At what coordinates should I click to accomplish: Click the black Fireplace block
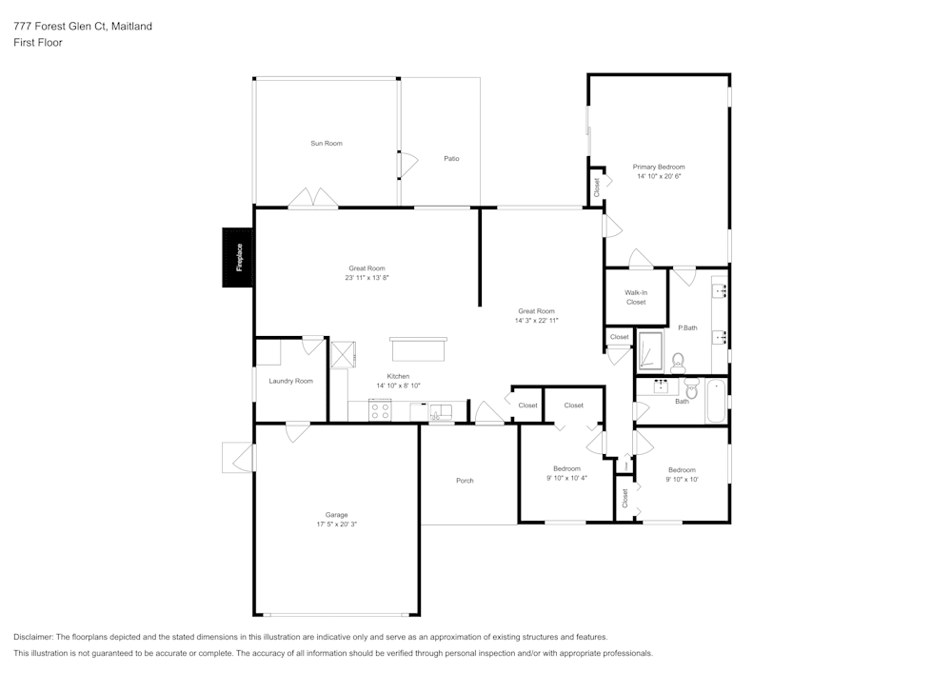click(237, 257)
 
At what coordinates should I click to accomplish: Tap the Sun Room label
click(326, 144)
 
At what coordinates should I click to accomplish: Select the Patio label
click(451, 159)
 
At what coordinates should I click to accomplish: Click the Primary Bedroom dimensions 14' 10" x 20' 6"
click(659, 176)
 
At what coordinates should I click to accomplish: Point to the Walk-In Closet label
click(636, 297)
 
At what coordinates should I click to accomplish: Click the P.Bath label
click(687, 328)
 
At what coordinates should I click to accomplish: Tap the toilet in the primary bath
click(678, 362)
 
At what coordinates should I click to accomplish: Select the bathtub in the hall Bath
click(714, 401)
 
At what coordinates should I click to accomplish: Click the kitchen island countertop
click(418, 349)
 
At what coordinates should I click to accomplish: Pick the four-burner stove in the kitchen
click(380, 410)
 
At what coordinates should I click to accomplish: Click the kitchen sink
click(441, 411)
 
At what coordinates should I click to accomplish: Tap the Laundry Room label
click(290, 381)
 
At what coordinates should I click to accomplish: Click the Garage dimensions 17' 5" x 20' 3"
click(336, 525)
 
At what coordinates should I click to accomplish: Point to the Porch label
click(465, 481)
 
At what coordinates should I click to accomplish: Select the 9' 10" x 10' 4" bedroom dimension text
click(566, 478)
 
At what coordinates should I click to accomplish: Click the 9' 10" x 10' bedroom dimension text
click(682, 479)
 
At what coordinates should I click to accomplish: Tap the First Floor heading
click(38, 43)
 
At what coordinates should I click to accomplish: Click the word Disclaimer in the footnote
click(34, 637)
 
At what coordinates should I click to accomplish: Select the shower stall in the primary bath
click(649, 350)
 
